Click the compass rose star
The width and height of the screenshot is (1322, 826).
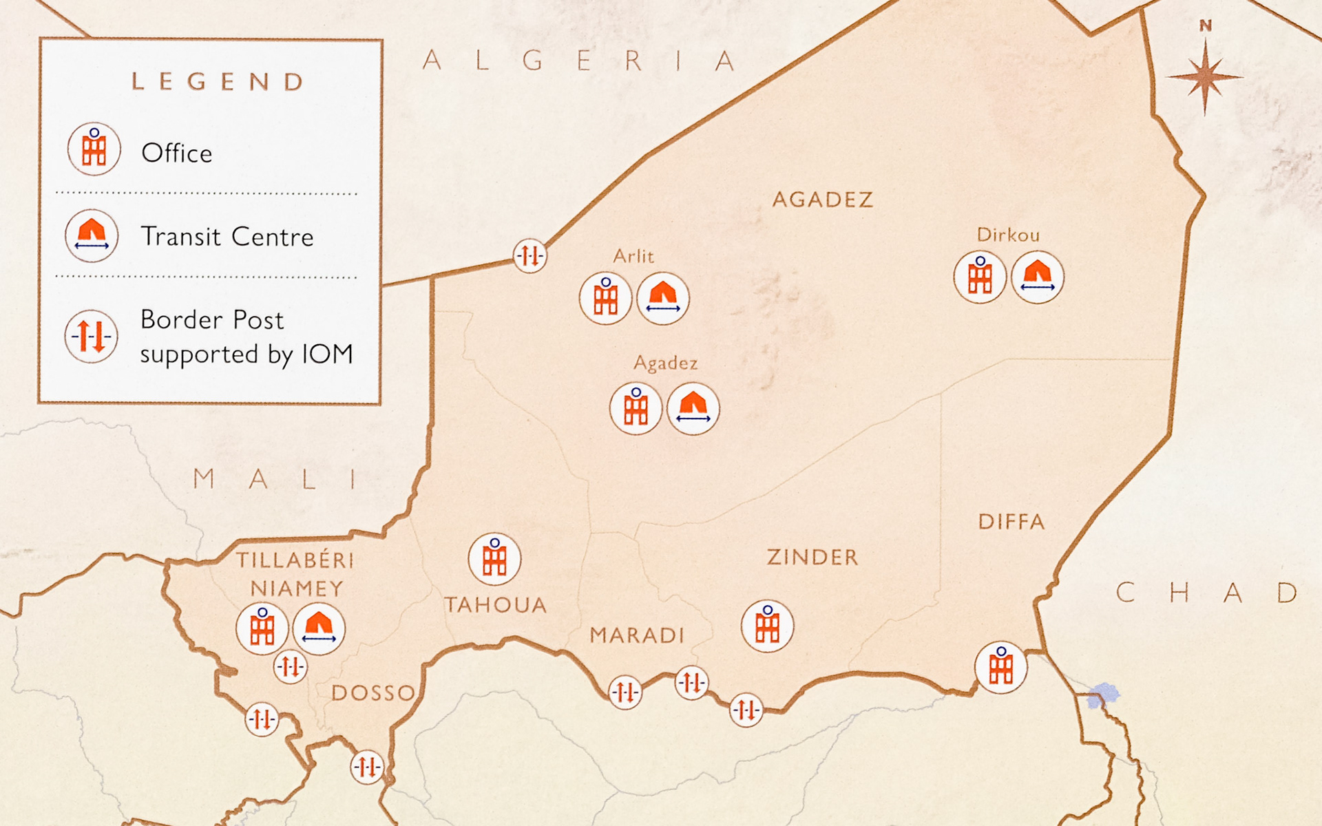pos(1205,76)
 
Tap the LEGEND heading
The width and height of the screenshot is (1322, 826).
pos(218,82)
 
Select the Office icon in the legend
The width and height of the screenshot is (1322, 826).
pos(94,149)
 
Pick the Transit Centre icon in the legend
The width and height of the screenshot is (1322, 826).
pos(92,235)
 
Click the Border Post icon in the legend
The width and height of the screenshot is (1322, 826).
pos(91,336)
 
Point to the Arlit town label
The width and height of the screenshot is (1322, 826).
pos(633,256)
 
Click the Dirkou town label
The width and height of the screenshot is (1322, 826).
pos(1008,235)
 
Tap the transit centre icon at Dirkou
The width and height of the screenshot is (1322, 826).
pos(1037,277)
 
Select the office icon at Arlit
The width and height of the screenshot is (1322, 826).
pos(605,298)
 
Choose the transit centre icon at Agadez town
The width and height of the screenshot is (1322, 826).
pos(693,409)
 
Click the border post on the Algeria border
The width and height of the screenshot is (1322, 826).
pos(529,256)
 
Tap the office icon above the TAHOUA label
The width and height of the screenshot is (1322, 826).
pos(494,558)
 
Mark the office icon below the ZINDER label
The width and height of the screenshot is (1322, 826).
pos(767,626)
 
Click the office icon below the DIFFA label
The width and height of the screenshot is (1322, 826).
pos(1000,667)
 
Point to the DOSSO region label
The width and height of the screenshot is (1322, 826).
pos(373,692)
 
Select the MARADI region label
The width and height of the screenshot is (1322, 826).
pos(637,635)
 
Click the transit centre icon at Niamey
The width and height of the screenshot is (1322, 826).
pos(318,628)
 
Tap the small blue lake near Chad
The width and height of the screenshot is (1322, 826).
pos(1102,695)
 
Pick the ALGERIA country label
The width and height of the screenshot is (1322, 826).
pos(580,61)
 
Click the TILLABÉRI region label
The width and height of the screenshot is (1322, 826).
pos(295,560)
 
